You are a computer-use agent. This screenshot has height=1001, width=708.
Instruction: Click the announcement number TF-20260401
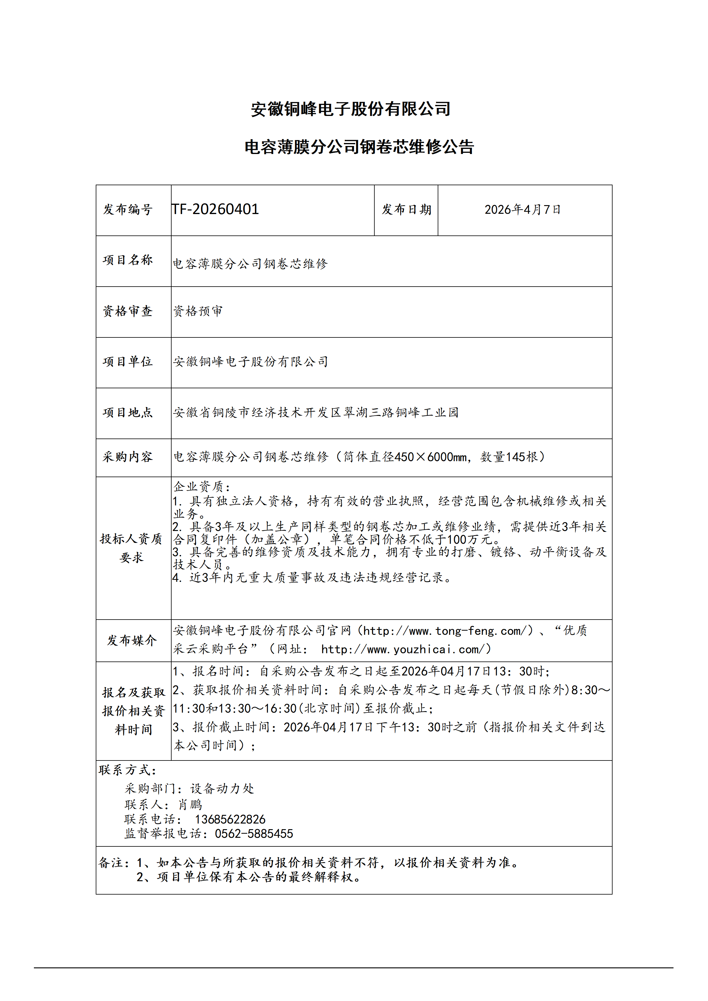click(x=215, y=210)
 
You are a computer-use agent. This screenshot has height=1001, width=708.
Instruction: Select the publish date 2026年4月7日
click(x=522, y=210)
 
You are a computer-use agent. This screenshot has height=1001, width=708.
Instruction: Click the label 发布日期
click(x=406, y=210)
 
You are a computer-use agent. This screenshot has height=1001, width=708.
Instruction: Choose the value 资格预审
click(x=198, y=311)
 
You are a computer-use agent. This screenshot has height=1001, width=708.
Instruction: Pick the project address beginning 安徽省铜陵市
click(x=315, y=412)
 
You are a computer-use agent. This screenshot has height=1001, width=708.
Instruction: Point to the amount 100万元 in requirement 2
click(x=470, y=540)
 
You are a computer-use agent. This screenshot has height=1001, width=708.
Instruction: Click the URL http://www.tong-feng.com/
click(x=447, y=631)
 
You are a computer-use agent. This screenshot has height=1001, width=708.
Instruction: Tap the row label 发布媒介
click(x=132, y=640)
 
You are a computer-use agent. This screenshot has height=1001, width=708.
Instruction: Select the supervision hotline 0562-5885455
click(x=254, y=834)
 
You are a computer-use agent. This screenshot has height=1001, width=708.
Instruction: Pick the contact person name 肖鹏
click(x=190, y=804)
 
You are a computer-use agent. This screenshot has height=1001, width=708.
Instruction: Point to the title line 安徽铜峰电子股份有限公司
click(x=351, y=109)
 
